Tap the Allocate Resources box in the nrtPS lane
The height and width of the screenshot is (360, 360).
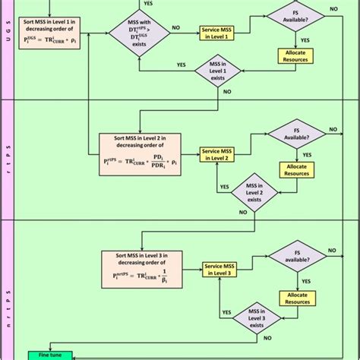[x=296, y=299]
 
